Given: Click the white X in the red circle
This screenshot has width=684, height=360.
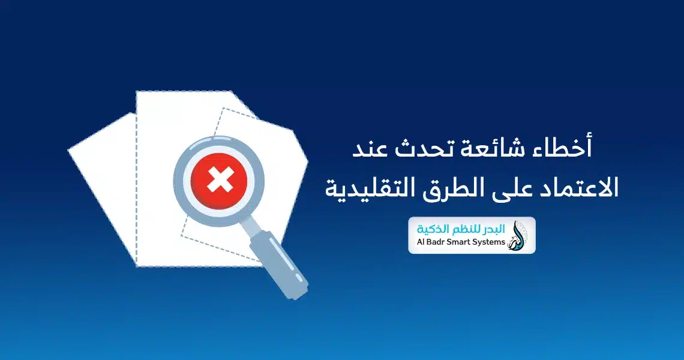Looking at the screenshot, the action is pos(220,179).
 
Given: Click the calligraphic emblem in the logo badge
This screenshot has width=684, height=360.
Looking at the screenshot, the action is pos(518,235).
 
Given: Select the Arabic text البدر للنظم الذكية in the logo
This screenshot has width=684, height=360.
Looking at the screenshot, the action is pos(461,229).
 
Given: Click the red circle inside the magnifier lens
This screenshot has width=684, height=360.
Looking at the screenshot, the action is pos(220,179).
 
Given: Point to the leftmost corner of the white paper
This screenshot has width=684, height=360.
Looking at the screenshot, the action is pos(68,151).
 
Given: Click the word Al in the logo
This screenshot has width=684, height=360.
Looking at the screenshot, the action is pos(421,242).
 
